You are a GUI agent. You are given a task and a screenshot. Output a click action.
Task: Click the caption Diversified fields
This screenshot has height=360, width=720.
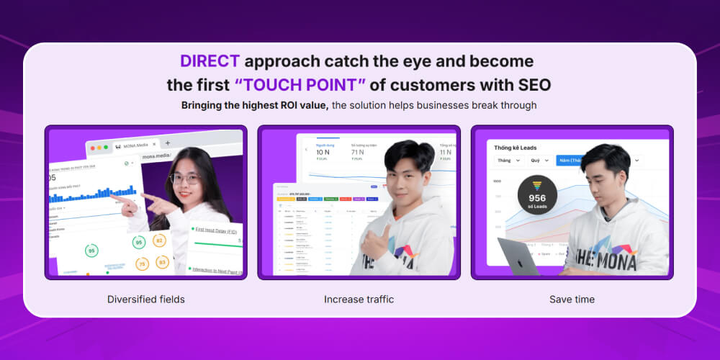145,299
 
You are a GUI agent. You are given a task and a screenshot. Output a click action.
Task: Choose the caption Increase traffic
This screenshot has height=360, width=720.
359,299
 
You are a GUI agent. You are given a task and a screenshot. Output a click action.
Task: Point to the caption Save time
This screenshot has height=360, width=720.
572,299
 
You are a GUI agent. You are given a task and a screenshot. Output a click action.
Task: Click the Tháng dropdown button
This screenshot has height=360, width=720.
508,161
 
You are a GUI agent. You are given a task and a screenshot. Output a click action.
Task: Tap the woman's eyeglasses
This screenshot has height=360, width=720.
185,178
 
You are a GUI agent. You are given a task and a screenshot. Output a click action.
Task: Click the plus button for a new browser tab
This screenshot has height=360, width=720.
168,143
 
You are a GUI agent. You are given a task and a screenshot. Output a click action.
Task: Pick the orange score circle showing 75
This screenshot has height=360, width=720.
143,264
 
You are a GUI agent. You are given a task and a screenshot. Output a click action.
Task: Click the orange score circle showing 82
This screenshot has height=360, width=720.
160,240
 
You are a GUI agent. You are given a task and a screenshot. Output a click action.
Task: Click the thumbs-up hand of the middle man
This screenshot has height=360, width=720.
374,241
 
